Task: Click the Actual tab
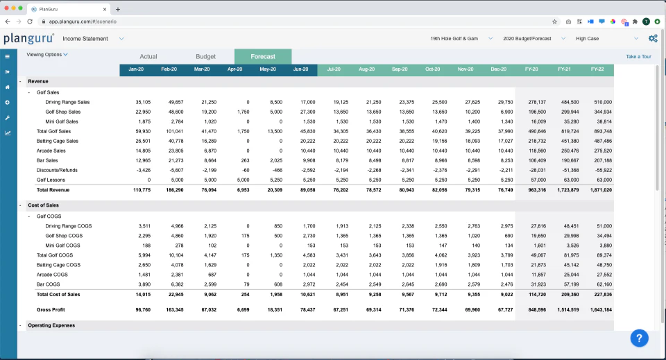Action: (148, 57)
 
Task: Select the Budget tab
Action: (205, 57)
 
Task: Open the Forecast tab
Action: (263, 57)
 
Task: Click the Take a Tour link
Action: (638, 57)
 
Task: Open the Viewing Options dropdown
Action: (47, 54)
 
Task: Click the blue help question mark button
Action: (640, 338)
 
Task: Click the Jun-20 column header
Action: (300, 69)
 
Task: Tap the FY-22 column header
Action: (597, 69)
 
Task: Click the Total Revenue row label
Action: (53, 189)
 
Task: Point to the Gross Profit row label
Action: (51, 309)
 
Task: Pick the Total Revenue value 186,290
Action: (173, 189)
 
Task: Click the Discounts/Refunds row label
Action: (56, 170)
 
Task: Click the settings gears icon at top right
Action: (652, 39)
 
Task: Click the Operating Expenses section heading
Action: (51, 325)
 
